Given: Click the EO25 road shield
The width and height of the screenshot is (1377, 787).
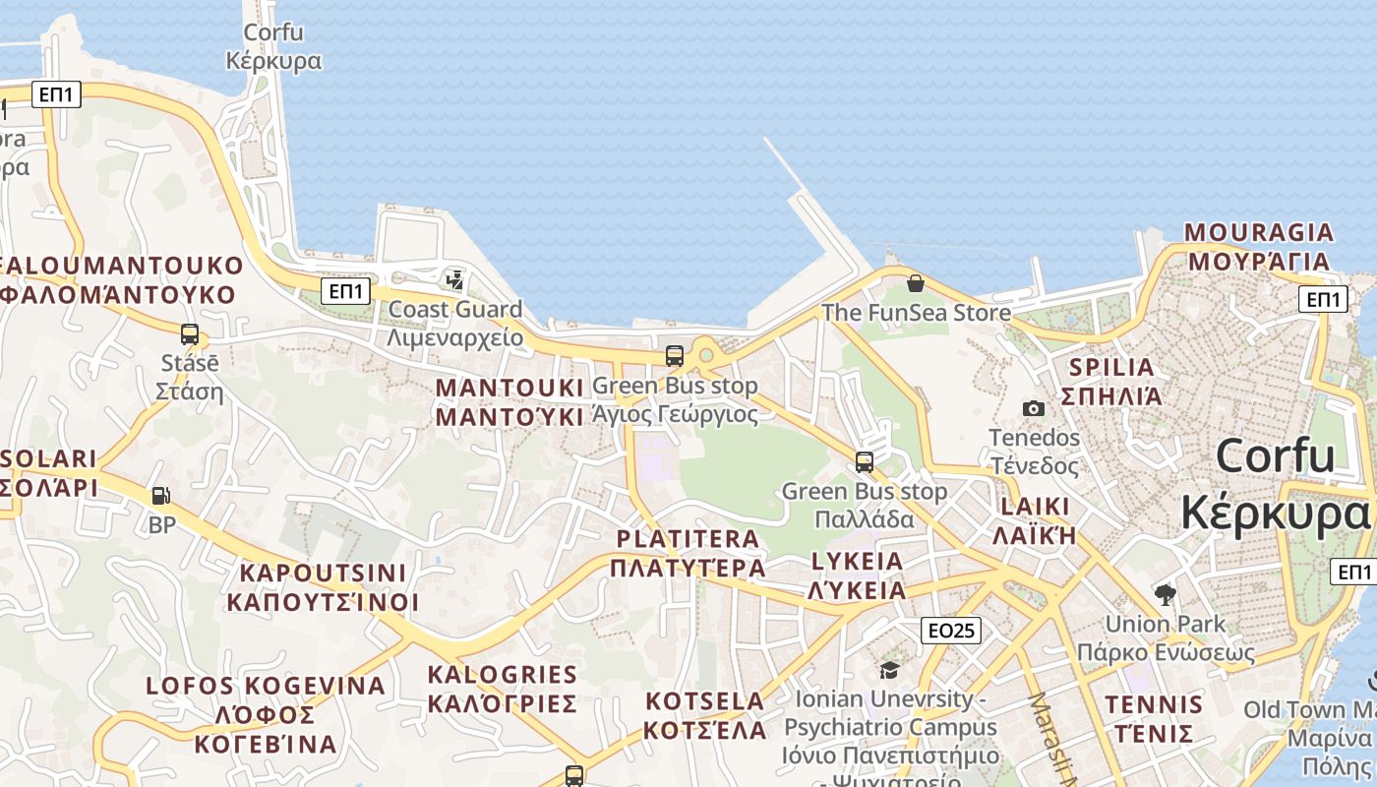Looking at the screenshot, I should point(951,630).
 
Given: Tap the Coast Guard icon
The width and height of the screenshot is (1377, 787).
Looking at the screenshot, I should point(454,280).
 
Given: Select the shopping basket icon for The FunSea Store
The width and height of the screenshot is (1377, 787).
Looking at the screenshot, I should point(916,283).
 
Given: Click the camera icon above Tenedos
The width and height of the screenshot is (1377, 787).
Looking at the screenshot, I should point(1033,408).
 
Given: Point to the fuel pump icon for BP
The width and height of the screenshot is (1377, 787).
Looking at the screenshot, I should point(160,496).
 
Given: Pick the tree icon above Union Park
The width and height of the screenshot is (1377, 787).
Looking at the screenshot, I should point(1166,594).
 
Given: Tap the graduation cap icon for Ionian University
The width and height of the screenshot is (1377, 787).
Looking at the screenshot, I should point(889,670).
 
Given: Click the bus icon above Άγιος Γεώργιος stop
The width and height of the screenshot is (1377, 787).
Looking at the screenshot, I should point(675,356).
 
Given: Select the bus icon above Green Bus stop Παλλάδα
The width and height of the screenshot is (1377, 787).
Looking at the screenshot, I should point(865,461).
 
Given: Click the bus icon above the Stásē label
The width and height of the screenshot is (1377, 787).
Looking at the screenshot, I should point(190,334).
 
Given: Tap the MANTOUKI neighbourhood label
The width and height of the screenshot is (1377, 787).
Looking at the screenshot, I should point(509,401).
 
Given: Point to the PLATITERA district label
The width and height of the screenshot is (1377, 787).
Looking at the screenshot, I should point(688,553).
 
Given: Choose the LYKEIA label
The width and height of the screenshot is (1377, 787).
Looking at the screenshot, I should point(857,575).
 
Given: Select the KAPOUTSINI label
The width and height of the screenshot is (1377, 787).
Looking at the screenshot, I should point(323,587).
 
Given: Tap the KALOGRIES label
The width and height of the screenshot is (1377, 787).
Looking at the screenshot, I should point(502,689).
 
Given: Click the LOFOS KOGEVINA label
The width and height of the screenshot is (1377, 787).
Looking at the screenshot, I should point(266,714).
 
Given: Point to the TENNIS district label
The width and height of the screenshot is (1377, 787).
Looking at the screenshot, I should point(1154,718).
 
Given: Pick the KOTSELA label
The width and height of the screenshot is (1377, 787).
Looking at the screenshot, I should point(705,715).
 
